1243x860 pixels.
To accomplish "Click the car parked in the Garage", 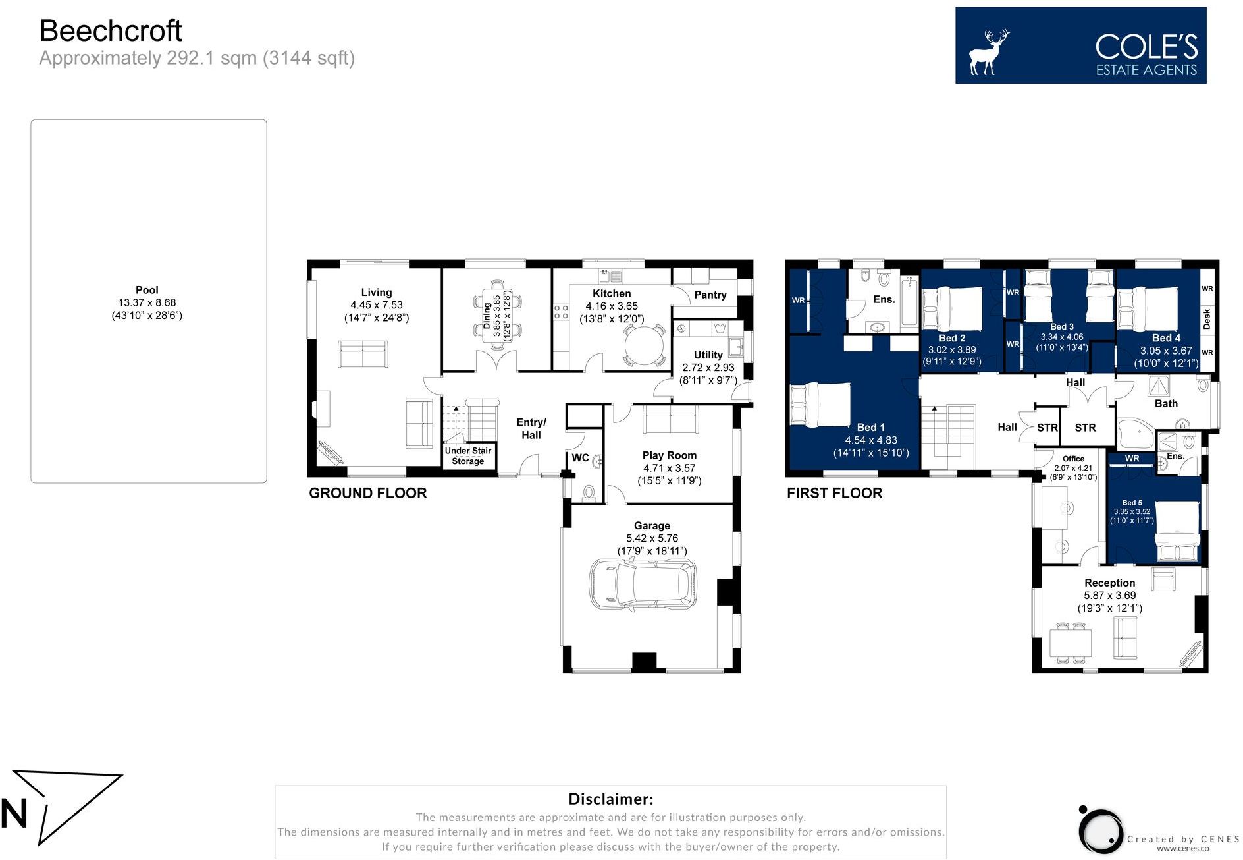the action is pos(643,584).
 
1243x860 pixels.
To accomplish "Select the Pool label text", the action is pos(147,290).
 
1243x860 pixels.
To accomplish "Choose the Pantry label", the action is pos(710,295).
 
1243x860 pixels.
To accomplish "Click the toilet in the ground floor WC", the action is pos(589,493).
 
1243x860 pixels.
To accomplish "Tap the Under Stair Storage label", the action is pos(468,456).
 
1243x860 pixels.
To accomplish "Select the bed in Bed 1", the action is pos(820,405).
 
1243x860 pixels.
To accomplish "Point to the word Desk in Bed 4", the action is pos(1207,319).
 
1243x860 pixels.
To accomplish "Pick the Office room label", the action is pos(1073,459).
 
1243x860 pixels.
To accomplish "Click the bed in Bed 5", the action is pos(1178,531).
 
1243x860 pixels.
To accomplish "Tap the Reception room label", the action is pos(1110,583).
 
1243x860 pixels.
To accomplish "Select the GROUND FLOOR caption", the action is pos(368,493).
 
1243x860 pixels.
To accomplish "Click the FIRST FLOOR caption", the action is pos(835,493).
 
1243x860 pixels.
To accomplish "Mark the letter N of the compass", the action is pos(14,813).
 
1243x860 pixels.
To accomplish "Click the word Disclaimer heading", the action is pos(611,799).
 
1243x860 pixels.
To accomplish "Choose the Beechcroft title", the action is pos(111,30).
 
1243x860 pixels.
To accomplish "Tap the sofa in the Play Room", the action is pos(671,419).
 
